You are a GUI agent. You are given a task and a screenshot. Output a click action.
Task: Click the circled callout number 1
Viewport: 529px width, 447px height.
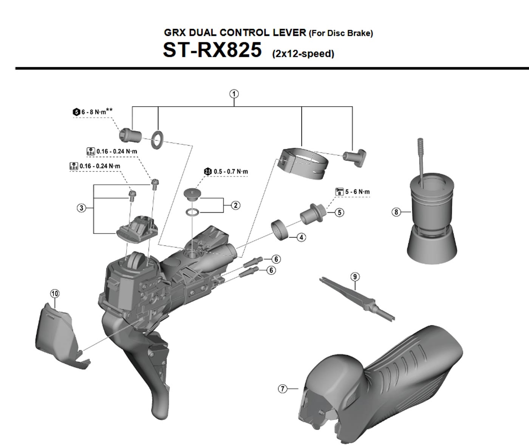tap(234, 94)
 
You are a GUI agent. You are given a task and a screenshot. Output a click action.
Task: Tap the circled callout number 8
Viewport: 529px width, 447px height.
tap(396, 212)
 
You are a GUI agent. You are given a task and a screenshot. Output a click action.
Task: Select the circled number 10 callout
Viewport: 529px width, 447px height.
tap(55, 294)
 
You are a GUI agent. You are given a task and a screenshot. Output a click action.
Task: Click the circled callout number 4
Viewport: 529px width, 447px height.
tap(301, 237)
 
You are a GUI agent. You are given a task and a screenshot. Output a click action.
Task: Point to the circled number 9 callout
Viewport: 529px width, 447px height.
tap(355, 277)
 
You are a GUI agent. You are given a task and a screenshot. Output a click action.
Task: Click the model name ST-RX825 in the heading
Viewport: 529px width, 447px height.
tap(212, 50)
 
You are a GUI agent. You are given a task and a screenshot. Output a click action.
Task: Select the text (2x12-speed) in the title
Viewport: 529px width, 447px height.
tap(303, 54)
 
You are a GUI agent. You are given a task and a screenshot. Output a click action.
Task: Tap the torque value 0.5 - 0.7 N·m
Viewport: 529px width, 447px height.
tap(230, 172)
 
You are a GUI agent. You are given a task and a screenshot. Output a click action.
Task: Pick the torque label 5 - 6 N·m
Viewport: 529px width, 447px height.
tap(357, 192)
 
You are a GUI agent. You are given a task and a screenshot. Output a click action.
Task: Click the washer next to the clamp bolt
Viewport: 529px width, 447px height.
tap(157, 138)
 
